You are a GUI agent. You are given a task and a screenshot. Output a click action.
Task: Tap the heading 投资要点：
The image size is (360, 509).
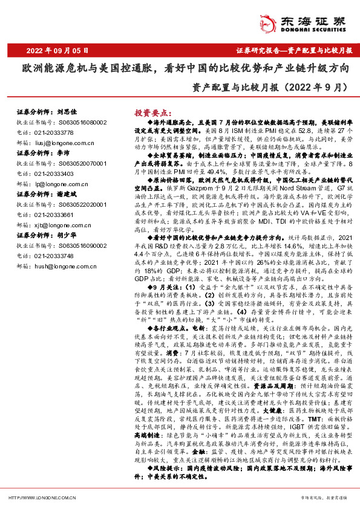[x=152, y=113]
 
